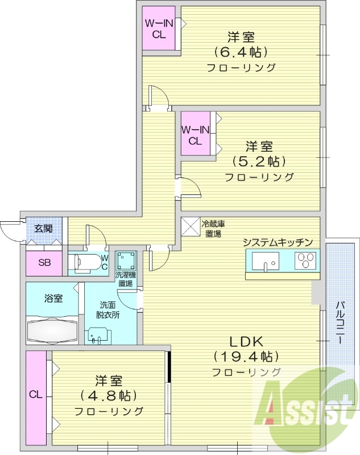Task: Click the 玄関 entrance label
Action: point(44,229)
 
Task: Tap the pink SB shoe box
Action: point(44,263)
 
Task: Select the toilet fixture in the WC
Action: point(85,263)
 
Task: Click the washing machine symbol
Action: point(126,261)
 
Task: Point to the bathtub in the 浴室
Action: point(52,331)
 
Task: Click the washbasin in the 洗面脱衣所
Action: point(98,335)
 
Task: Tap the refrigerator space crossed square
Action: point(191,226)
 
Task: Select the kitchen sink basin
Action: point(266,262)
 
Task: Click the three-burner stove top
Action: point(305,260)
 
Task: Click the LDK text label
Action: point(246,342)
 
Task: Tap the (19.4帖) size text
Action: point(246,357)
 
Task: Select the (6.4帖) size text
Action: point(241,52)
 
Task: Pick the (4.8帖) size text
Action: point(109,395)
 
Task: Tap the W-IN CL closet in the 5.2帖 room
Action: point(196,134)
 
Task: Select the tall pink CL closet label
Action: point(36,394)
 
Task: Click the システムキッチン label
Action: point(278,242)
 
